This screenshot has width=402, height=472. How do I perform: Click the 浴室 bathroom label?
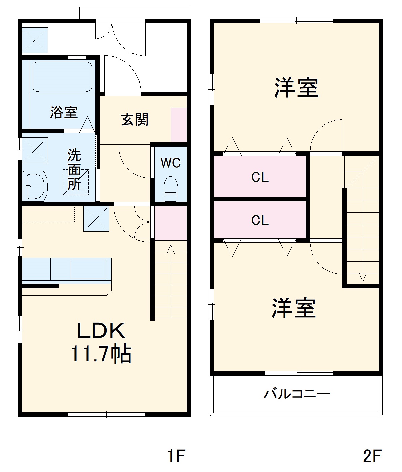point(64,112)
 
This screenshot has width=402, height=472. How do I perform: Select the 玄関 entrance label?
point(135,119)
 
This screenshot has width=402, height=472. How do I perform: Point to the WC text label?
point(171,163)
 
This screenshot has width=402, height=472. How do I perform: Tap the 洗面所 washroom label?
point(74,169)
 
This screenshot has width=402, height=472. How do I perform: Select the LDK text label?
point(101,331)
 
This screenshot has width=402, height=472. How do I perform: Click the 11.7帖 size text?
point(101,354)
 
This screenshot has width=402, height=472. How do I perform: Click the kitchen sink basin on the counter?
point(88,269)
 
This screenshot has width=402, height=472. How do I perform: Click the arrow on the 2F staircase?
point(363,277)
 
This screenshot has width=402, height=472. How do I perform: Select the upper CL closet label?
point(260,177)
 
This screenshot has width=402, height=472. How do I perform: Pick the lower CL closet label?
point(260,220)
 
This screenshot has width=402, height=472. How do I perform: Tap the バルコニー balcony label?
point(297,394)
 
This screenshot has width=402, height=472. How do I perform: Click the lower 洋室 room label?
point(293,308)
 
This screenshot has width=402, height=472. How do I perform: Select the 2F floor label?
point(372,456)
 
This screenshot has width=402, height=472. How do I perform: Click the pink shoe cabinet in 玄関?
point(179,125)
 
